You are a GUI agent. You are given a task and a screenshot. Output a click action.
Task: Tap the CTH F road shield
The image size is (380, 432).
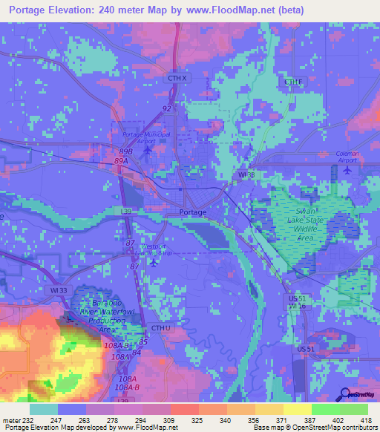click(294, 81)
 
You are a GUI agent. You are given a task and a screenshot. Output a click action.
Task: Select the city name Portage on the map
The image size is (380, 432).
click(193, 212)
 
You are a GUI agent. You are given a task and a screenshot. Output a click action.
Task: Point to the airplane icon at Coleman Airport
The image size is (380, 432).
click(348, 170)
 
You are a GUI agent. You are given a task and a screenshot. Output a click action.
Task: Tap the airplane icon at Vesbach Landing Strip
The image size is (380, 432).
click(153, 261)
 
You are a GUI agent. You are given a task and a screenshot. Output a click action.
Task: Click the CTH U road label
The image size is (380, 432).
click(161, 327)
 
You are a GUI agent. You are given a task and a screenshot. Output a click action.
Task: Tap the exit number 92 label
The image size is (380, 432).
click(167, 108)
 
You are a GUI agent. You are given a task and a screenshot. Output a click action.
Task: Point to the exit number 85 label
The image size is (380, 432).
click(142, 341)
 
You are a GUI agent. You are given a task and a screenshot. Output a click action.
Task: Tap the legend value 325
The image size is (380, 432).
click(198, 420)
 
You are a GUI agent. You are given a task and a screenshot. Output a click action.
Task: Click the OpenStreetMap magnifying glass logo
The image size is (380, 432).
click(345, 394)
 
